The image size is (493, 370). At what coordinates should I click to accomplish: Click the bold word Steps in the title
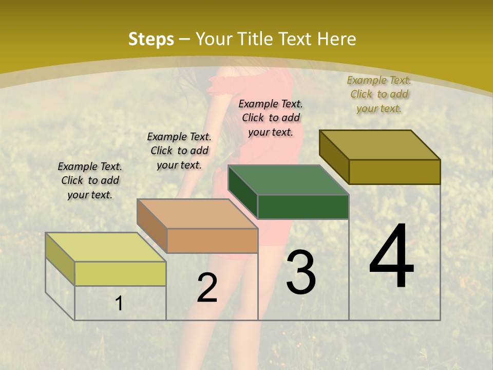(150, 39)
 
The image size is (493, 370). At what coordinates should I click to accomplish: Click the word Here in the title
(337, 39)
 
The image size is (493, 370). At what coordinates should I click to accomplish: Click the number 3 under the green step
(301, 273)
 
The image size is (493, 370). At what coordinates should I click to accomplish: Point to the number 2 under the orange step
(207, 288)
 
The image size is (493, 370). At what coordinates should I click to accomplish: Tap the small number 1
(119, 303)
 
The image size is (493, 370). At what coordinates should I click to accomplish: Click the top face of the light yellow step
(105, 247)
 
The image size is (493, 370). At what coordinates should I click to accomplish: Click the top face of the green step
(288, 180)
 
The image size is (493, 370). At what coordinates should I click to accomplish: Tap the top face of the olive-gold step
(380, 145)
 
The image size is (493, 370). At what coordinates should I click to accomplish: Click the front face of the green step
(303, 207)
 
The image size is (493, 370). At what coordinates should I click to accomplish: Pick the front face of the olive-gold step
(394, 172)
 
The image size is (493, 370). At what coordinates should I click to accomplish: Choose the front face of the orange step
(212, 240)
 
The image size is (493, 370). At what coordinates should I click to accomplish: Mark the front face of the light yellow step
(120, 273)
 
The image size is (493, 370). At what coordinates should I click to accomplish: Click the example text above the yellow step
(90, 180)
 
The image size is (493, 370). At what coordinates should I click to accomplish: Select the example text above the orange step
(179, 151)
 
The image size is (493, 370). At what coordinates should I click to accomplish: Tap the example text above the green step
(271, 118)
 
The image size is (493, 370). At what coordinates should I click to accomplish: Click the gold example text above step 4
(379, 94)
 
